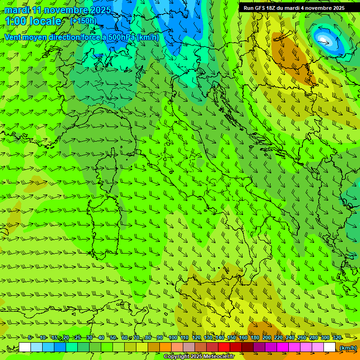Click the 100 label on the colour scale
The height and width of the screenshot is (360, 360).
(172, 337)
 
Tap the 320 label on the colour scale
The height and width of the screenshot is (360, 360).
(337, 337)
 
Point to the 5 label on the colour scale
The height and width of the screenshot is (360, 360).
(30, 337)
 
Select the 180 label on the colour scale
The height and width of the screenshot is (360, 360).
(255, 337)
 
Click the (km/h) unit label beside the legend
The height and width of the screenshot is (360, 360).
(347, 348)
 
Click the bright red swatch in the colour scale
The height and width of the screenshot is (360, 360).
(224, 347)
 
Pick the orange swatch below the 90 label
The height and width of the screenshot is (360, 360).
(165, 347)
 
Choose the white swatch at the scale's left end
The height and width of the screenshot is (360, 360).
(25, 347)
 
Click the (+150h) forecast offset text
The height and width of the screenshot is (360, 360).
(83, 21)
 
